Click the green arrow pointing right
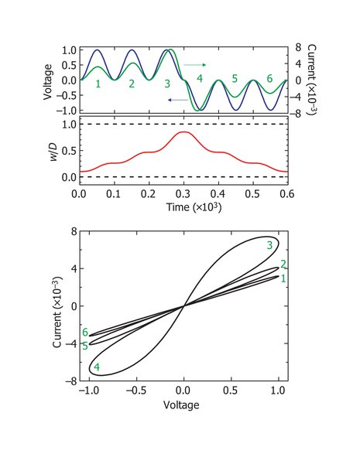pos(195,65)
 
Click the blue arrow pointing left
pos(178,100)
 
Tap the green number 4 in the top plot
pos(200,78)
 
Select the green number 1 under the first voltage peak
pos(98,84)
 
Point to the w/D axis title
pos(54,150)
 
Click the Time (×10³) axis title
pos(194,207)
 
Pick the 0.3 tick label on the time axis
pos(183,194)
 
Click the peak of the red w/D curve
pos(183,132)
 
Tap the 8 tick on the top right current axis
pos(298,47)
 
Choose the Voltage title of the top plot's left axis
pos(49,82)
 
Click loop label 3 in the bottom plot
pos(269,245)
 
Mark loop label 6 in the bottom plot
pos(84,333)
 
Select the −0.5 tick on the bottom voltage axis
pos(136,391)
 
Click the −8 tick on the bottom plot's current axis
pos(71,381)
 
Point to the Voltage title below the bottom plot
pos(181,405)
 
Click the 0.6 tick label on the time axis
pos(287,194)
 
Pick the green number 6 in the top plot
pos(269,78)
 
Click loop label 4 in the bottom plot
pos(97,367)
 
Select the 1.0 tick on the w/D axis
pos(69,125)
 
